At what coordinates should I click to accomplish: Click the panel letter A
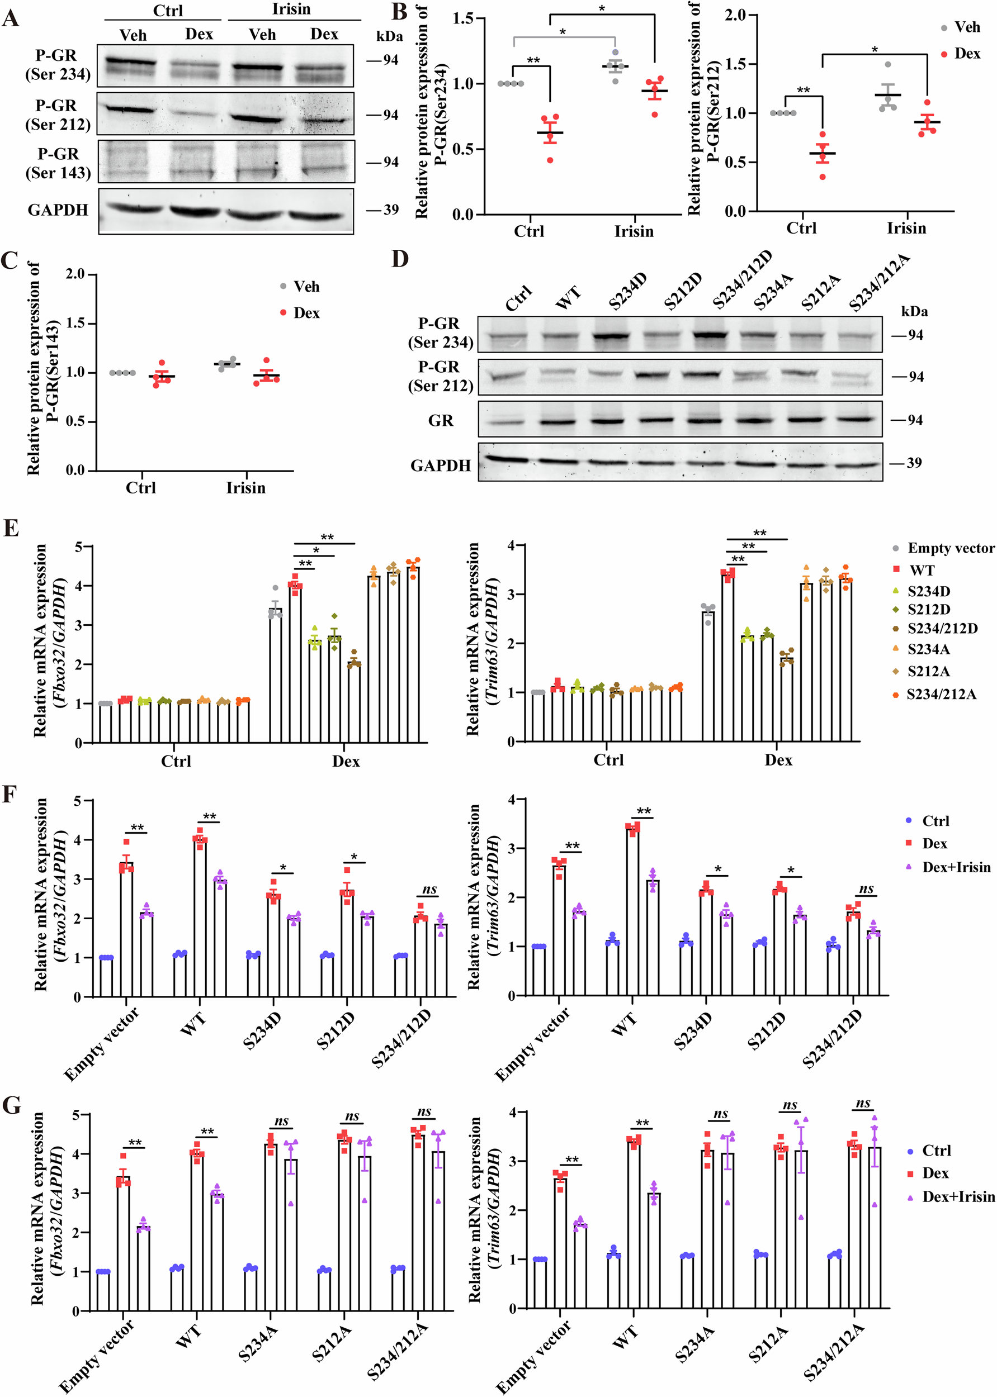[11, 18]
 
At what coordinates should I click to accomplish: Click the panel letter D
[400, 258]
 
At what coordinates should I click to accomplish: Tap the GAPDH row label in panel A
[58, 210]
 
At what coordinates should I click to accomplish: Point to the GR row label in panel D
[440, 421]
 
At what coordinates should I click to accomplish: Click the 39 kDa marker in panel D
[914, 463]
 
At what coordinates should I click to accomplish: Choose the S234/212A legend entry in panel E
[941, 694]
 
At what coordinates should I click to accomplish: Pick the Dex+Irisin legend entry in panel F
[956, 867]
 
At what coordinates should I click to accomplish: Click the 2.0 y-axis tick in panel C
[75, 274]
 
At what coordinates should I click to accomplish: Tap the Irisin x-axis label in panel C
[245, 488]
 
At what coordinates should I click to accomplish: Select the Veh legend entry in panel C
[306, 287]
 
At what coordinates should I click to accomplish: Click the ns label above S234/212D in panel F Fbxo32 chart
[429, 890]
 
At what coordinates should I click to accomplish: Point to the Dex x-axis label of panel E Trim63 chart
[778, 760]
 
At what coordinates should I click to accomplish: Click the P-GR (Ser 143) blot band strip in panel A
[226, 161]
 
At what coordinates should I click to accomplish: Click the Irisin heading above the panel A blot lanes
[291, 9]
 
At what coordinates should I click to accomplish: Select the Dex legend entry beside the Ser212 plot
[967, 54]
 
